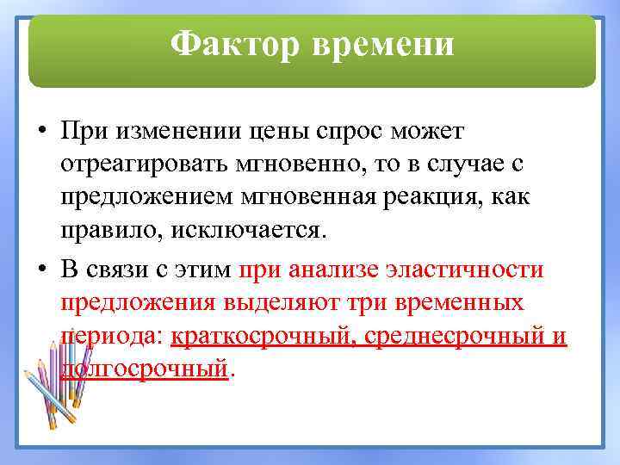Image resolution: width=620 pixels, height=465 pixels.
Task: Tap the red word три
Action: [368, 302]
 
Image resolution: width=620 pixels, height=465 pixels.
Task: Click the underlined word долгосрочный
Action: [145, 369]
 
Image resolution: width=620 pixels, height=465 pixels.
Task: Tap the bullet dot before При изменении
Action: [40, 132]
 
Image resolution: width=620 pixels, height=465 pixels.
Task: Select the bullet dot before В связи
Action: [40, 270]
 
